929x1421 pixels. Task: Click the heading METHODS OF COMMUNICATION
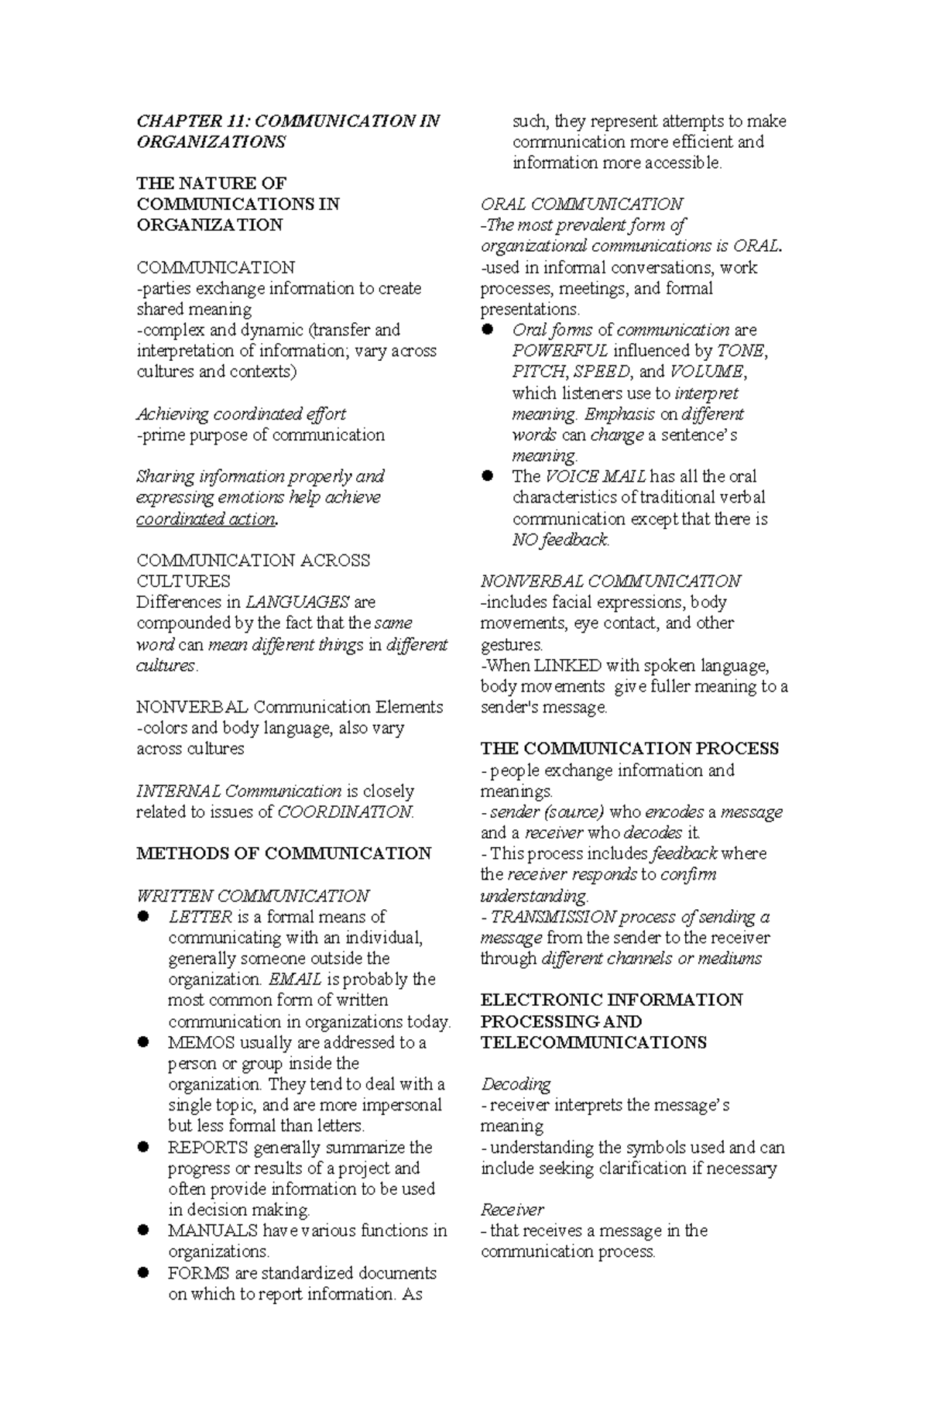pyautogui.click(x=283, y=853)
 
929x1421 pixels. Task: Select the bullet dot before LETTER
pyautogui.click(x=142, y=917)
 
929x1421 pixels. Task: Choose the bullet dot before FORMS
pyautogui.click(x=142, y=1272)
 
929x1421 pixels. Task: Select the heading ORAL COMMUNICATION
pyautogui.click(x=581, y=204)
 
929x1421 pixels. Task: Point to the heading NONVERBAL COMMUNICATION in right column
pyautogui.click(x=610, y=581)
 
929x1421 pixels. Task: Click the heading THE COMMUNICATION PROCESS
pyautogui.click(x=629, y=749)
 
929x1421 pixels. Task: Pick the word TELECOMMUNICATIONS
pyautogui.click(x=593, y=1042)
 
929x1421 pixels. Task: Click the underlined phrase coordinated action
pyautogui.click(x=205, y=519)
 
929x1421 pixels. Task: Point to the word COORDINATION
pyautogui.click(x=345, y=812)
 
